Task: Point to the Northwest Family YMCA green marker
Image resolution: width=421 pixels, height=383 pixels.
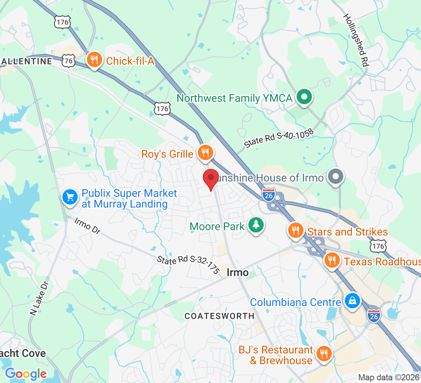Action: pyautogui.click(x=304, y=97)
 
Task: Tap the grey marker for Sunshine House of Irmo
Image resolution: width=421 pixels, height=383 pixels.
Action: pyautogui.click(x=336, y=177)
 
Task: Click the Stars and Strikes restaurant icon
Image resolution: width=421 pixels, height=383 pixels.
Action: pyautogui.click(x=295, y=231)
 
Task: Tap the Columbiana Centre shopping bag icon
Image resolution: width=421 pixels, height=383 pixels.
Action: pyautogui.click(x=351, y=301)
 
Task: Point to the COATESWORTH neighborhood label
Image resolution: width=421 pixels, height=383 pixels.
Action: pyautogui.click(x=219, y=316)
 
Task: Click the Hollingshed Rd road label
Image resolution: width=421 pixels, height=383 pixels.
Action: pyautogui.click(x=356, y=41)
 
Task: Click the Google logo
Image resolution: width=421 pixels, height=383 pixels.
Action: pyautogui.click(x=26, y=374)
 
